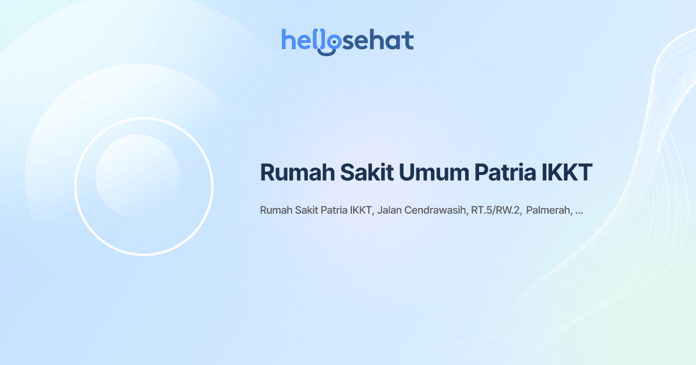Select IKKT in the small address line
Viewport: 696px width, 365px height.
coord(362,210)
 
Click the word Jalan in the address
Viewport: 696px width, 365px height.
coord(390,210)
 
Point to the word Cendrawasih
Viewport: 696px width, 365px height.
coord(436,210)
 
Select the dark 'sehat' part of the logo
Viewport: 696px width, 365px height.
coord(376,41)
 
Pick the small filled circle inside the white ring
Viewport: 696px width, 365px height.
coord(137,176)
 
